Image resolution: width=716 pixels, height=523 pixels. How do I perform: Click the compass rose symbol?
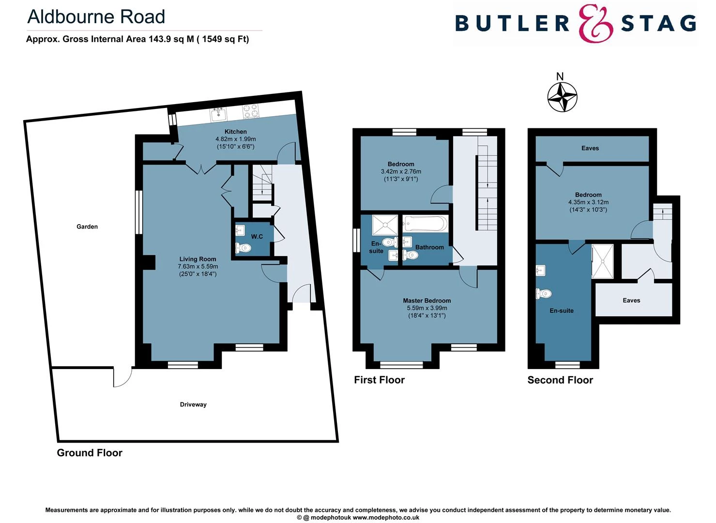coord(562,97)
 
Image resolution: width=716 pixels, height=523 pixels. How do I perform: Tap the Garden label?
coord(87,227)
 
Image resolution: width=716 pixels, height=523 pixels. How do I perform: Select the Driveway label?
coord(193,405)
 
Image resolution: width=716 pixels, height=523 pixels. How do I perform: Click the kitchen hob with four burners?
coord(251,111)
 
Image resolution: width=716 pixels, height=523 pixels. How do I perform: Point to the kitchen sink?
coord(218,114)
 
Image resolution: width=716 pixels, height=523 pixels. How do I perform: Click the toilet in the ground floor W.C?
coord(243,247)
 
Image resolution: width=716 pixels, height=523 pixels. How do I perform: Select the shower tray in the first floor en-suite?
coord(385,225)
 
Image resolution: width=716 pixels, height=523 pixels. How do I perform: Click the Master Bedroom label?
coord(427,301)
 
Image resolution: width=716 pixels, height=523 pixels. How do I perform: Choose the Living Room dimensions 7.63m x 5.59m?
coord(198,266)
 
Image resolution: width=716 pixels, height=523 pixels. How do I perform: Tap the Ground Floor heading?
coord(90,453)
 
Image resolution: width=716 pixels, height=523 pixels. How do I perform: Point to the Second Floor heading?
coord(560,380)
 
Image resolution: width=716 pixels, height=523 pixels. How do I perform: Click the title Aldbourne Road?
coord(96,16)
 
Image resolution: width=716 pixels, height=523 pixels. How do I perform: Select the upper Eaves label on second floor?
coord(590,148)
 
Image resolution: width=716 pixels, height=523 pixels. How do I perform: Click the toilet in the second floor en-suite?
coord(544,293)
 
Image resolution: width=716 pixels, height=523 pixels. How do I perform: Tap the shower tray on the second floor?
coord(602,261)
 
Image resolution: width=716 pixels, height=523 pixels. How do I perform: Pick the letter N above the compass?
coord(560,77)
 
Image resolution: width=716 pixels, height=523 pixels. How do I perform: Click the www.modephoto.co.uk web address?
coord(386,518)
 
